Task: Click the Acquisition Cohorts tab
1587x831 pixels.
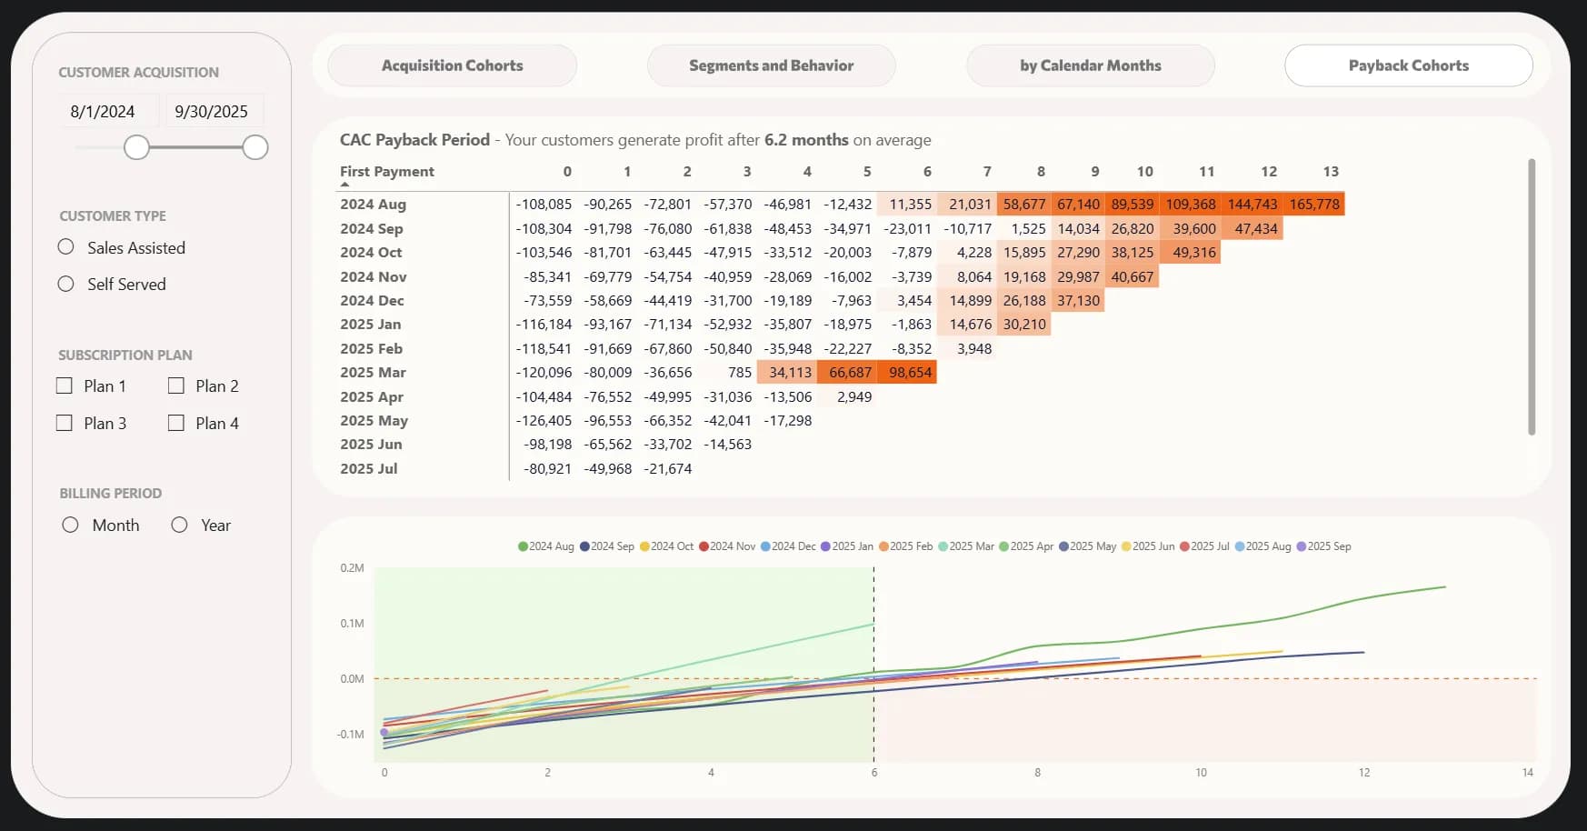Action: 452,65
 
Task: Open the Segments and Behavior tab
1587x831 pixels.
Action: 771,65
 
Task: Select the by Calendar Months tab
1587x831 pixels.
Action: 1090,65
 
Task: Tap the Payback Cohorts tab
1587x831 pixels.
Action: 1408,65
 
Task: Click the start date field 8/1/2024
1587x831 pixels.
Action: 103,112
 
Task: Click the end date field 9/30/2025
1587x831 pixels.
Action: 211,112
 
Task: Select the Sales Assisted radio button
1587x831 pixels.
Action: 66,247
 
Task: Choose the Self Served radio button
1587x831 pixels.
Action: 66,284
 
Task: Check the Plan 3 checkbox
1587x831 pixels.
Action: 65,423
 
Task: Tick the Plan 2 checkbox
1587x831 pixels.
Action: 176,386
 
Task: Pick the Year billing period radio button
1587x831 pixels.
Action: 180,525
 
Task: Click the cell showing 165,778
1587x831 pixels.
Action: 1314,205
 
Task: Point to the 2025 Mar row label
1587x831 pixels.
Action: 373,373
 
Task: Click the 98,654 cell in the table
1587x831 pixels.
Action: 910,373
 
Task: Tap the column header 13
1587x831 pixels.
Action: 1331,171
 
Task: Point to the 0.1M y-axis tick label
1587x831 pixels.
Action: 352,624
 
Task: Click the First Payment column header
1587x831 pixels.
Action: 387,171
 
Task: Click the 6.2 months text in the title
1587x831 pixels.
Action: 806,140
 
